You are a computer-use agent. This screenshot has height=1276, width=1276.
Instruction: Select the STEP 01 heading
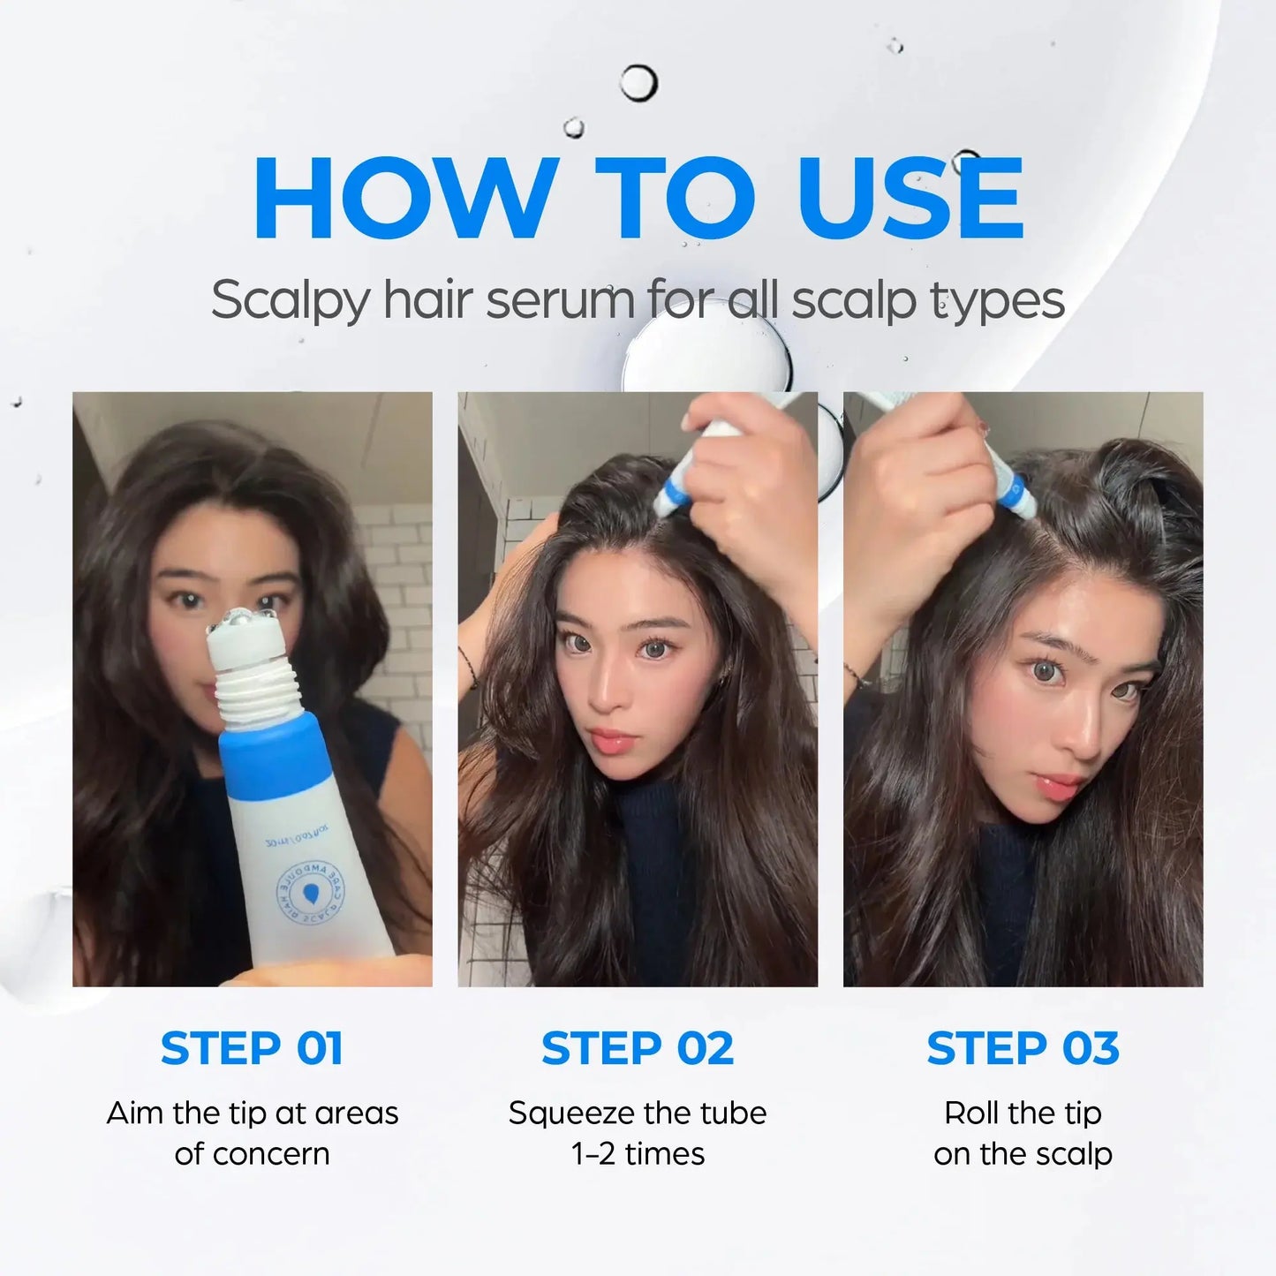pos(252,1048)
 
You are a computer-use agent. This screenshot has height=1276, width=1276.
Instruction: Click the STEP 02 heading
pos(638,1048)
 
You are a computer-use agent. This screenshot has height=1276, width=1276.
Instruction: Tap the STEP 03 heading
pos(1023,1048)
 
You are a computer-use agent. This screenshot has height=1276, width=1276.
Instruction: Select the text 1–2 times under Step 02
pos(638,1154)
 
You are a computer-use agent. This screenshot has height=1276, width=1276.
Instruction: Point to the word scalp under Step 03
pos(1070,1154)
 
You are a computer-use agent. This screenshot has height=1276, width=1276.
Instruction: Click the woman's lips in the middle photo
pos(611,740)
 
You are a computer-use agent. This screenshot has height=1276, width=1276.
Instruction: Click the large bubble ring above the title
pos(638,84)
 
